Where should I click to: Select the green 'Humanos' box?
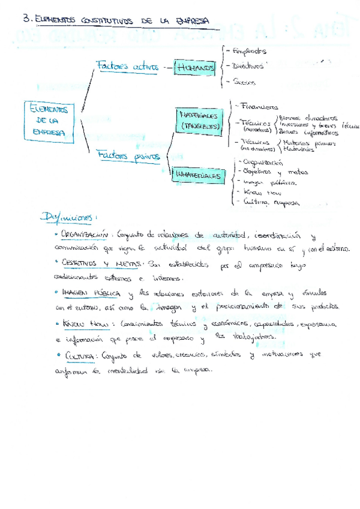tap(196, 69)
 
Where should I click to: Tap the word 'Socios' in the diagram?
tap(244, 82)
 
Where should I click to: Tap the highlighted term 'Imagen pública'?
tap(91, 292)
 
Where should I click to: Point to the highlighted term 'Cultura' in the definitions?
tap(79, 355)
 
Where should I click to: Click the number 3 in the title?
tap(25, 20)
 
